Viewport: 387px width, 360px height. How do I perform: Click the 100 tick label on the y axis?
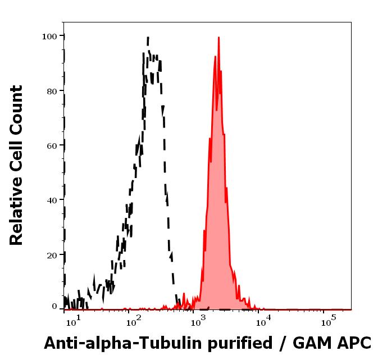tap(49, 37)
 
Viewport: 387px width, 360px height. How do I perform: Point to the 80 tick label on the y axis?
tap(52, 91)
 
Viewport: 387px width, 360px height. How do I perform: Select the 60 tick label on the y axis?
tap(52, 145)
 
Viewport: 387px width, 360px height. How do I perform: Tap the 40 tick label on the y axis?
tap(52, 200)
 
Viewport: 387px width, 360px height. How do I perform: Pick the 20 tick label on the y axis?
tap(52, 254)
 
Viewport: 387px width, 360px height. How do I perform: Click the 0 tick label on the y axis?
tap(54, 307)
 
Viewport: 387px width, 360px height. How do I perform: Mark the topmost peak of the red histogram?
tap(218, 38)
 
